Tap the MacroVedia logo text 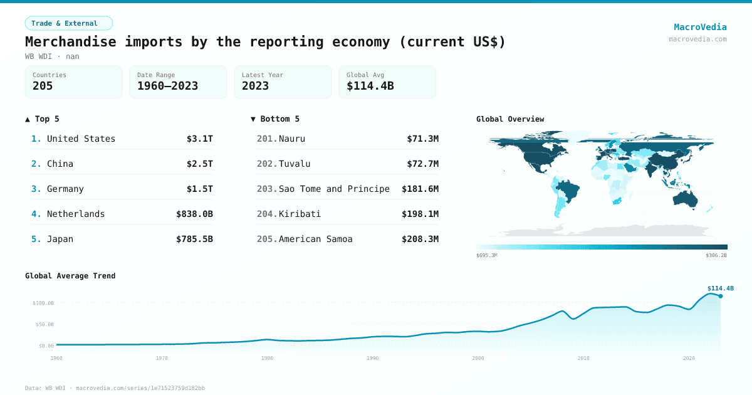(700, 27)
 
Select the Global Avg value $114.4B (370, 86)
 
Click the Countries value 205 (43, 86)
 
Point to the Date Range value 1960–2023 (167, 86)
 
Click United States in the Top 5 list (81, 139)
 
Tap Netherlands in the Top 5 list (76, 214)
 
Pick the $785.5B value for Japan (194, 239)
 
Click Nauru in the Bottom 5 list (292, 139)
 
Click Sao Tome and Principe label (334, 189)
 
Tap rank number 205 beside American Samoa (266, 239)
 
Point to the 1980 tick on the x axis (268, 358)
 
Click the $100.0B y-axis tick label (43, 303)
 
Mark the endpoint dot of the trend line (721, 296)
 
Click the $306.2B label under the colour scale (716, 255)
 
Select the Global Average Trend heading (70, 276)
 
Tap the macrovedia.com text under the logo (697, 39)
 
